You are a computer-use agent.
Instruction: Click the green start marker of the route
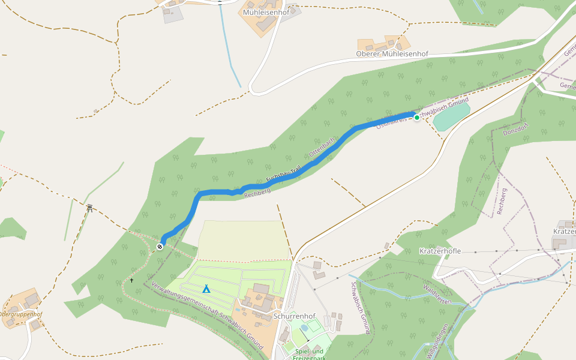pos(417,118)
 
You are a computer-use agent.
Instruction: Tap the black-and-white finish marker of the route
pos(160,247)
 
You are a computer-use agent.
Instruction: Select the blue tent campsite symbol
pos(206,289)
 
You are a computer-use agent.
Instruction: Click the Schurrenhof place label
pos(294,316)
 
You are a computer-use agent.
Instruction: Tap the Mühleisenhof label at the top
pos(266,12)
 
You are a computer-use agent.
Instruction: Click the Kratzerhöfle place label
pos(440,251)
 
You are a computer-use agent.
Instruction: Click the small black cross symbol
pos(132,280)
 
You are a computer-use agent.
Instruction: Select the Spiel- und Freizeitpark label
pos(309,355)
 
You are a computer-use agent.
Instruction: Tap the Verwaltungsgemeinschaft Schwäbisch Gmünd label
pos(207,316)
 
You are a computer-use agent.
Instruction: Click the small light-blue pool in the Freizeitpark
pos(305,328)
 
